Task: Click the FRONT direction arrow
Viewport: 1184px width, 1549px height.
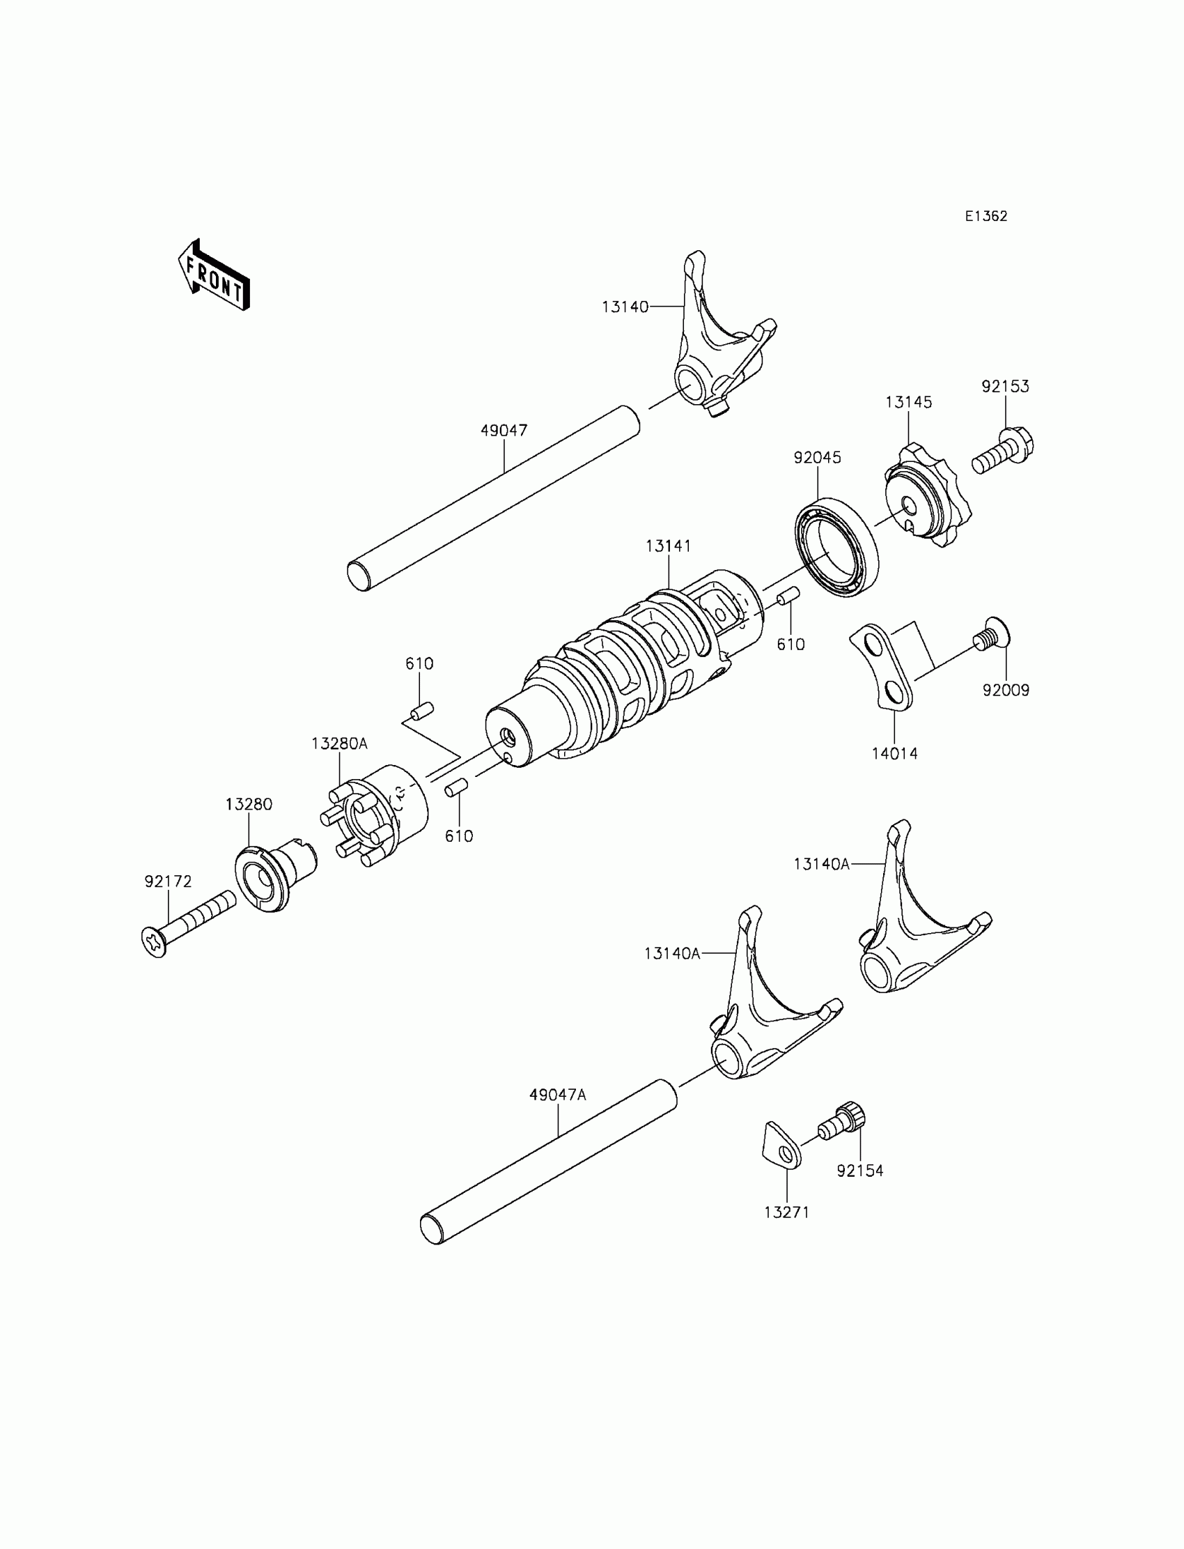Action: click(x=215, y=276)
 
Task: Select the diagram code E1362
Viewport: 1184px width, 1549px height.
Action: click(x=986, y=217)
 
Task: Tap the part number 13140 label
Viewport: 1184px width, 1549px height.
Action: click(x=625, y=307)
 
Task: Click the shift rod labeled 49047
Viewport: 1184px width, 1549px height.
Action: click(x=493, y=498)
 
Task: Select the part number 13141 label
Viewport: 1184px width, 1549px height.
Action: click(x=668, y=546)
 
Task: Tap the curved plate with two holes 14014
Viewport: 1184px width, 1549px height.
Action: click(x=881, y=665)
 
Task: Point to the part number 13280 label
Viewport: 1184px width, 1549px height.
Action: click(x=249, y=805)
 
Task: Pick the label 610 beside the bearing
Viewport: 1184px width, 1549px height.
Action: click(x=790, y=645)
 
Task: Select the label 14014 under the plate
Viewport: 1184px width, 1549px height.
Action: click(x=894, y=754)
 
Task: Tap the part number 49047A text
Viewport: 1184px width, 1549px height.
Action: click(x=557, y=1095)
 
